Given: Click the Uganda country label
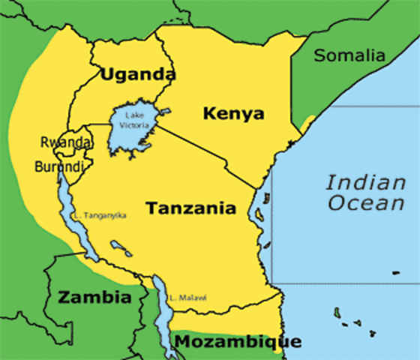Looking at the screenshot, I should [x=137, y=74].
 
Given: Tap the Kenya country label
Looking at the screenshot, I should [x=233, y=114].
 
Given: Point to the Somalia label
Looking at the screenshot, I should [x=349, y=55].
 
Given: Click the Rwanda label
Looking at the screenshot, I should [x=67, y=142].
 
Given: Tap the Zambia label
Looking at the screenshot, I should [x=94, y=298].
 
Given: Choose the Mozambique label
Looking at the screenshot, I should [x=238, y=342].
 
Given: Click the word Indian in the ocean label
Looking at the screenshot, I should [x=364, y=181].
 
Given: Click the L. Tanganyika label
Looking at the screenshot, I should [x=100, y=216].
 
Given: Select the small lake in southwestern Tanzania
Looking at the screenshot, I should [x=118, y=245].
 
